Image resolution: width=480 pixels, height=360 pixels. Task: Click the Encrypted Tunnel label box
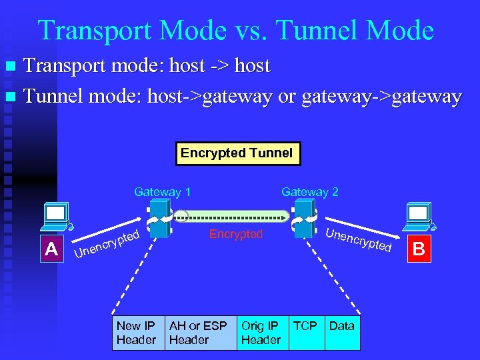click(x=237, y=153)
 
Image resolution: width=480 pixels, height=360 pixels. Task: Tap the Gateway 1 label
click(x=162, y=192)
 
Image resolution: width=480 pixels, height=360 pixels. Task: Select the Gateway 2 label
click(x=310, y=192)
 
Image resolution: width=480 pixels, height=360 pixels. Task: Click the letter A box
click(x=51, y=249)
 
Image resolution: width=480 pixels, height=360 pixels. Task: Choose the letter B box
click(x=419, y=249)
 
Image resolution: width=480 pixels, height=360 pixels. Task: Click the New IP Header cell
click(x=137, y=333)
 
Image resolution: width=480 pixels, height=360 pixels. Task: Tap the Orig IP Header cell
click(x=261, y=333)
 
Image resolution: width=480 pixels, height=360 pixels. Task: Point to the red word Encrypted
click(x=236, y=234)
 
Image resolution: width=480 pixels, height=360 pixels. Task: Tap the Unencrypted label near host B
click(x=359, y=240)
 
